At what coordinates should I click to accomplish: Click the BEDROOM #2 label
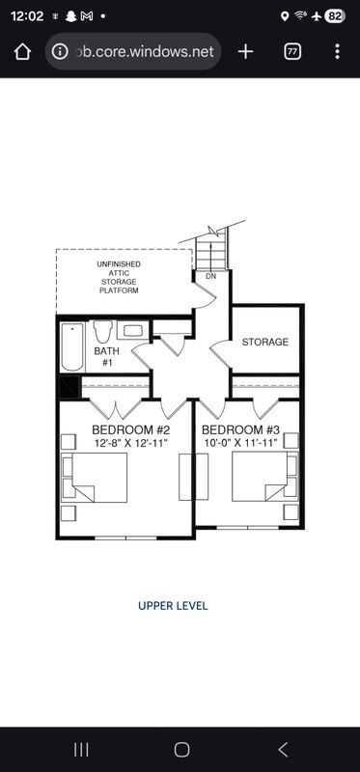click(130, 429)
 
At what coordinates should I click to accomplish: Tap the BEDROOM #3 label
click(240, 429)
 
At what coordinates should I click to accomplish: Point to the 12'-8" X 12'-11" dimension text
click(130, 442)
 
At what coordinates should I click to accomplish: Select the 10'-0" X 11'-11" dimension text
click(240, 442)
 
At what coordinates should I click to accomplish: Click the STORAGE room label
click(264, 343)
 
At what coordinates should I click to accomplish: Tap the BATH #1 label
click(105, 357)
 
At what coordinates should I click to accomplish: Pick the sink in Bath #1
click(134, 331)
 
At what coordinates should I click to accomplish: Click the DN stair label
click(210, 277)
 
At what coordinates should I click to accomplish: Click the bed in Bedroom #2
click(97, 479)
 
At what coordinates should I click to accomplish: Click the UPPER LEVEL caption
click(173, 606)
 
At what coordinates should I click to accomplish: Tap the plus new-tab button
click(245, 51)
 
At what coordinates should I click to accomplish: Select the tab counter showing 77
click(291, 51)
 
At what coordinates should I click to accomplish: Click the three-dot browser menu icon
click(336, 51)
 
